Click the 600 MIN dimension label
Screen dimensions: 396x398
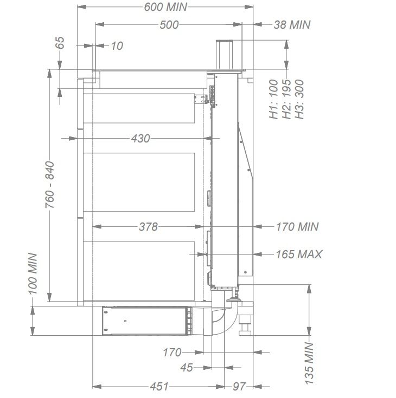(165, 7)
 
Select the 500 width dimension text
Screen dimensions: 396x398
(169, 25)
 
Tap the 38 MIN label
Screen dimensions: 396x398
(292, 24)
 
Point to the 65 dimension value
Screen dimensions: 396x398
(60, 43)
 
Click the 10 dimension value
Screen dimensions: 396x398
(117, 46)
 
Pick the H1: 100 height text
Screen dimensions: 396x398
(273, 99)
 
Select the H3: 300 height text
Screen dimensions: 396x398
(299, 99)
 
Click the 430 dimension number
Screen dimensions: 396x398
(140, 139)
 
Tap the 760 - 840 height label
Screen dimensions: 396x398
(49, 185)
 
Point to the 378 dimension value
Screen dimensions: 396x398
(148, 226)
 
